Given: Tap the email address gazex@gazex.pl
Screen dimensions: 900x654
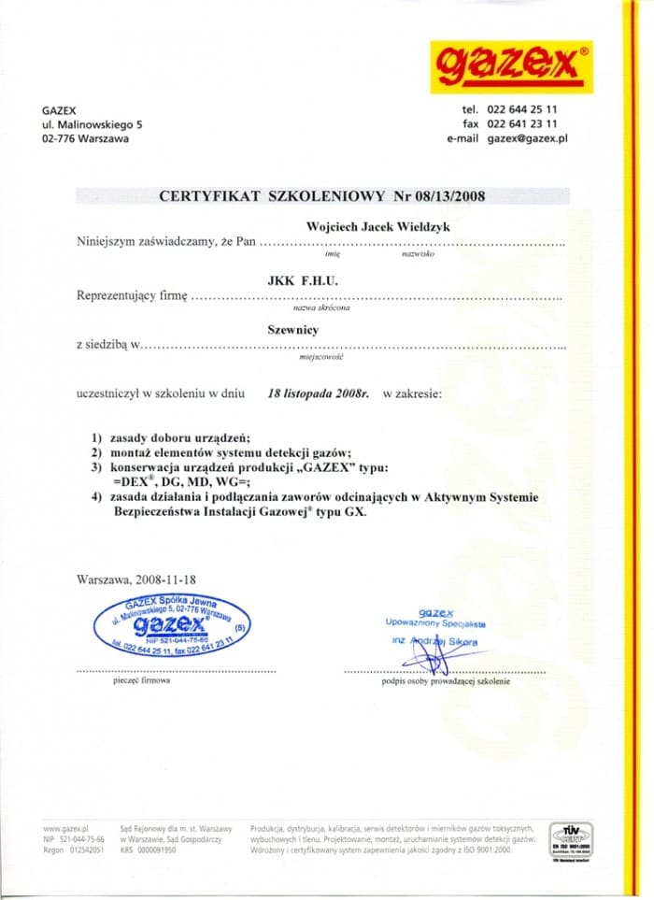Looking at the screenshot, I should pos(528,138).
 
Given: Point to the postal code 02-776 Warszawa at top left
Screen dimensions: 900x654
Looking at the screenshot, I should pos(85,138).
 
